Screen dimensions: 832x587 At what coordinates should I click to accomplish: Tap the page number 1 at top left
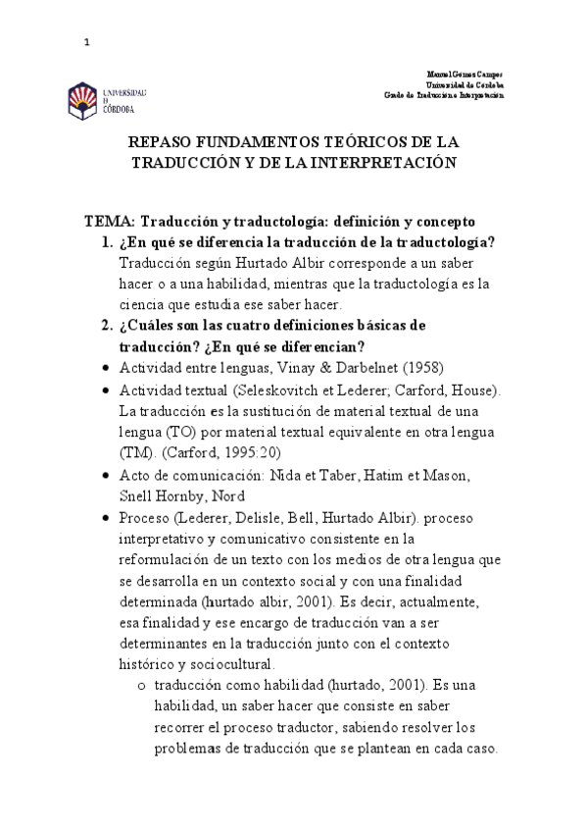[x=87, y=42]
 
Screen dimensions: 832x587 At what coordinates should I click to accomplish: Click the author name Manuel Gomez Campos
[x=466, y=75]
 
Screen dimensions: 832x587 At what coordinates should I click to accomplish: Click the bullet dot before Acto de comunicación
[x=105, y=475]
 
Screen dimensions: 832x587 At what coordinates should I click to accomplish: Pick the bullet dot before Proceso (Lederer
[x=105, y=517]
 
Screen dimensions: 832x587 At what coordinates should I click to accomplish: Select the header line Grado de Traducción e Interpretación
[x=443, y=95]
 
